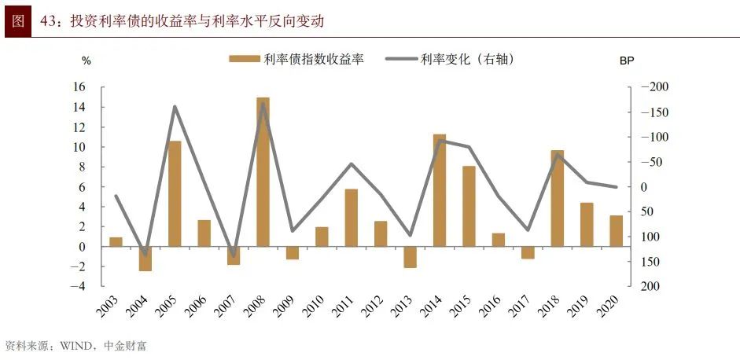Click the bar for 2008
[263, 172]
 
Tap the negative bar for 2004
[145, 259]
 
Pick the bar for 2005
[175, 193]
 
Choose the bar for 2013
[410, 257]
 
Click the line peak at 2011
[352, 163]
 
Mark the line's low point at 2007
[234, 256]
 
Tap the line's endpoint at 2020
[616, 187]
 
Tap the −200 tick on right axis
[652, 87]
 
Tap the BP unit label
[627, 61]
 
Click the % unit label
[87, 61]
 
